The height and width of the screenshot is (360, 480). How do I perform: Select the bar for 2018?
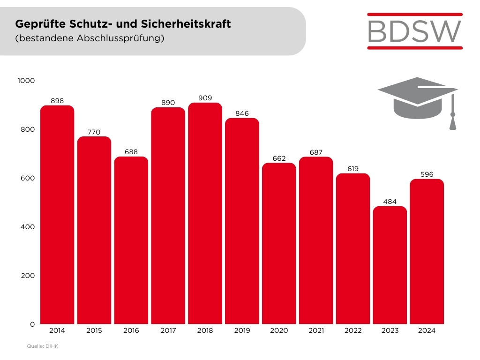tap(205, 213)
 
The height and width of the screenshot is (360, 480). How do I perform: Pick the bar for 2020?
tap(279, 243)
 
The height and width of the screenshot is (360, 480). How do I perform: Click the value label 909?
tap(205, 97)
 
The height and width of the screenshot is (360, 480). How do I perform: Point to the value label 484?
tap(390, 202)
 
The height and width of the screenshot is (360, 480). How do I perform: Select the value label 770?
tap(94, 132)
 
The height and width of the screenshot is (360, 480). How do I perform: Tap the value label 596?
tap(427, 174)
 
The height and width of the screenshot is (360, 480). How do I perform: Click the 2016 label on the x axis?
tap(131, 330)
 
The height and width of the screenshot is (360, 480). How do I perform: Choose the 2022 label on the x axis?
tap(353, 330)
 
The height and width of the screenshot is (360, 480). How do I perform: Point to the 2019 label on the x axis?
tap(242, 330)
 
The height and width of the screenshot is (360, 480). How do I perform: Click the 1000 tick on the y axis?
tap(26, 81)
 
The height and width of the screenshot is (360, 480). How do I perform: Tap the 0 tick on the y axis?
tap(32, 324)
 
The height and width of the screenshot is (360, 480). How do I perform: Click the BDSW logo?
tap(414, 31)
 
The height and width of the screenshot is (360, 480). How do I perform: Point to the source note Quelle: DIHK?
tap(42, 346)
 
